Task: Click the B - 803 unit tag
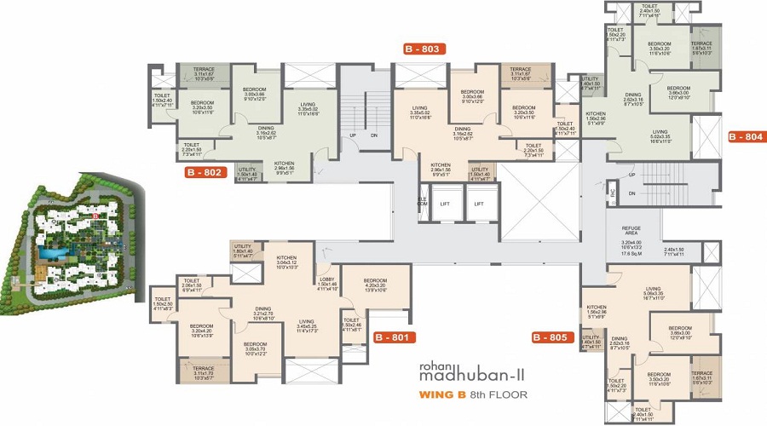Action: (424, 49)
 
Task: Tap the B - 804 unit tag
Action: (746, 135)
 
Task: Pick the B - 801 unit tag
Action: (394, 337)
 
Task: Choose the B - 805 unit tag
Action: (551, 337)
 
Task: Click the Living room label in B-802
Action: (308, 106)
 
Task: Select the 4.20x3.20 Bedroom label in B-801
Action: (375, 285)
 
